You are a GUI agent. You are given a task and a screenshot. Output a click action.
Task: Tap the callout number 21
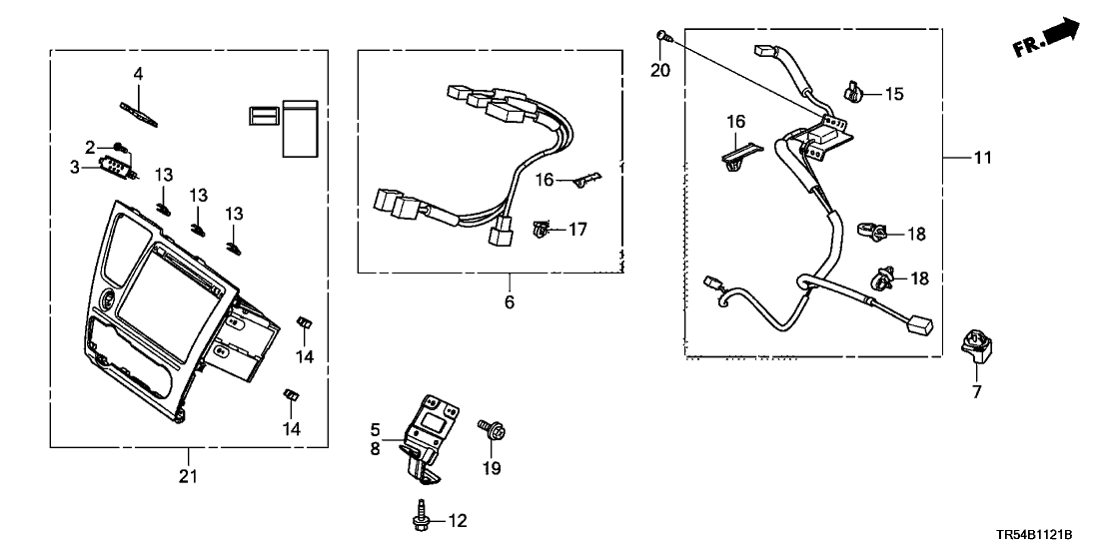point(188,476)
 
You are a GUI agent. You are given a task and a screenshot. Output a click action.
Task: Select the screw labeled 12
point(422,518)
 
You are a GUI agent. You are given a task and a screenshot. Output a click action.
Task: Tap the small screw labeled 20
point(661,36)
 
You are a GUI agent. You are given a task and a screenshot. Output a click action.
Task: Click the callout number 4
point(139,74)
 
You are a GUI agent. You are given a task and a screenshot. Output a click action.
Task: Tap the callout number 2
point(90,148)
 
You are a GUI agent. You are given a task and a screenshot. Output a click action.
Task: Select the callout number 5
point(376,430)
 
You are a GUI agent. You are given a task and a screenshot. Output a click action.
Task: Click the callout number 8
point(376,449)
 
